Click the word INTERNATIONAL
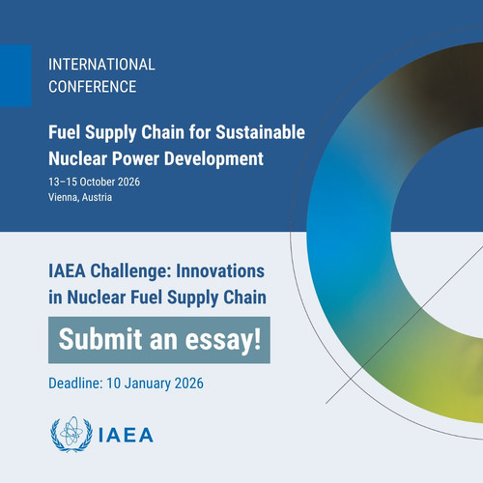point(101,65)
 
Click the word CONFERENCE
point(93,87)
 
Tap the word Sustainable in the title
point(260,132)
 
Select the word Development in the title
point(213,158)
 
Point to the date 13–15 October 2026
point(94,182)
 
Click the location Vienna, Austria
point(80,197)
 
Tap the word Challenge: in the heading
point(130,270)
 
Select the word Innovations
point(220,270)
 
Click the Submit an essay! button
point(159,340)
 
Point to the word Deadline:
point(75,384)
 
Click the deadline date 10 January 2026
point(155,384)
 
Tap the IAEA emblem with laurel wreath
point(71,435)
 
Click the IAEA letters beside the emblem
point(126,436)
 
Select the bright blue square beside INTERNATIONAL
point(15,75)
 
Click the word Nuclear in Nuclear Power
point(77,158)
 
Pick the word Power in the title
point(135,158)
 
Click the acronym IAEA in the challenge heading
point(67,270)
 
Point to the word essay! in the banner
point(223,340)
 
